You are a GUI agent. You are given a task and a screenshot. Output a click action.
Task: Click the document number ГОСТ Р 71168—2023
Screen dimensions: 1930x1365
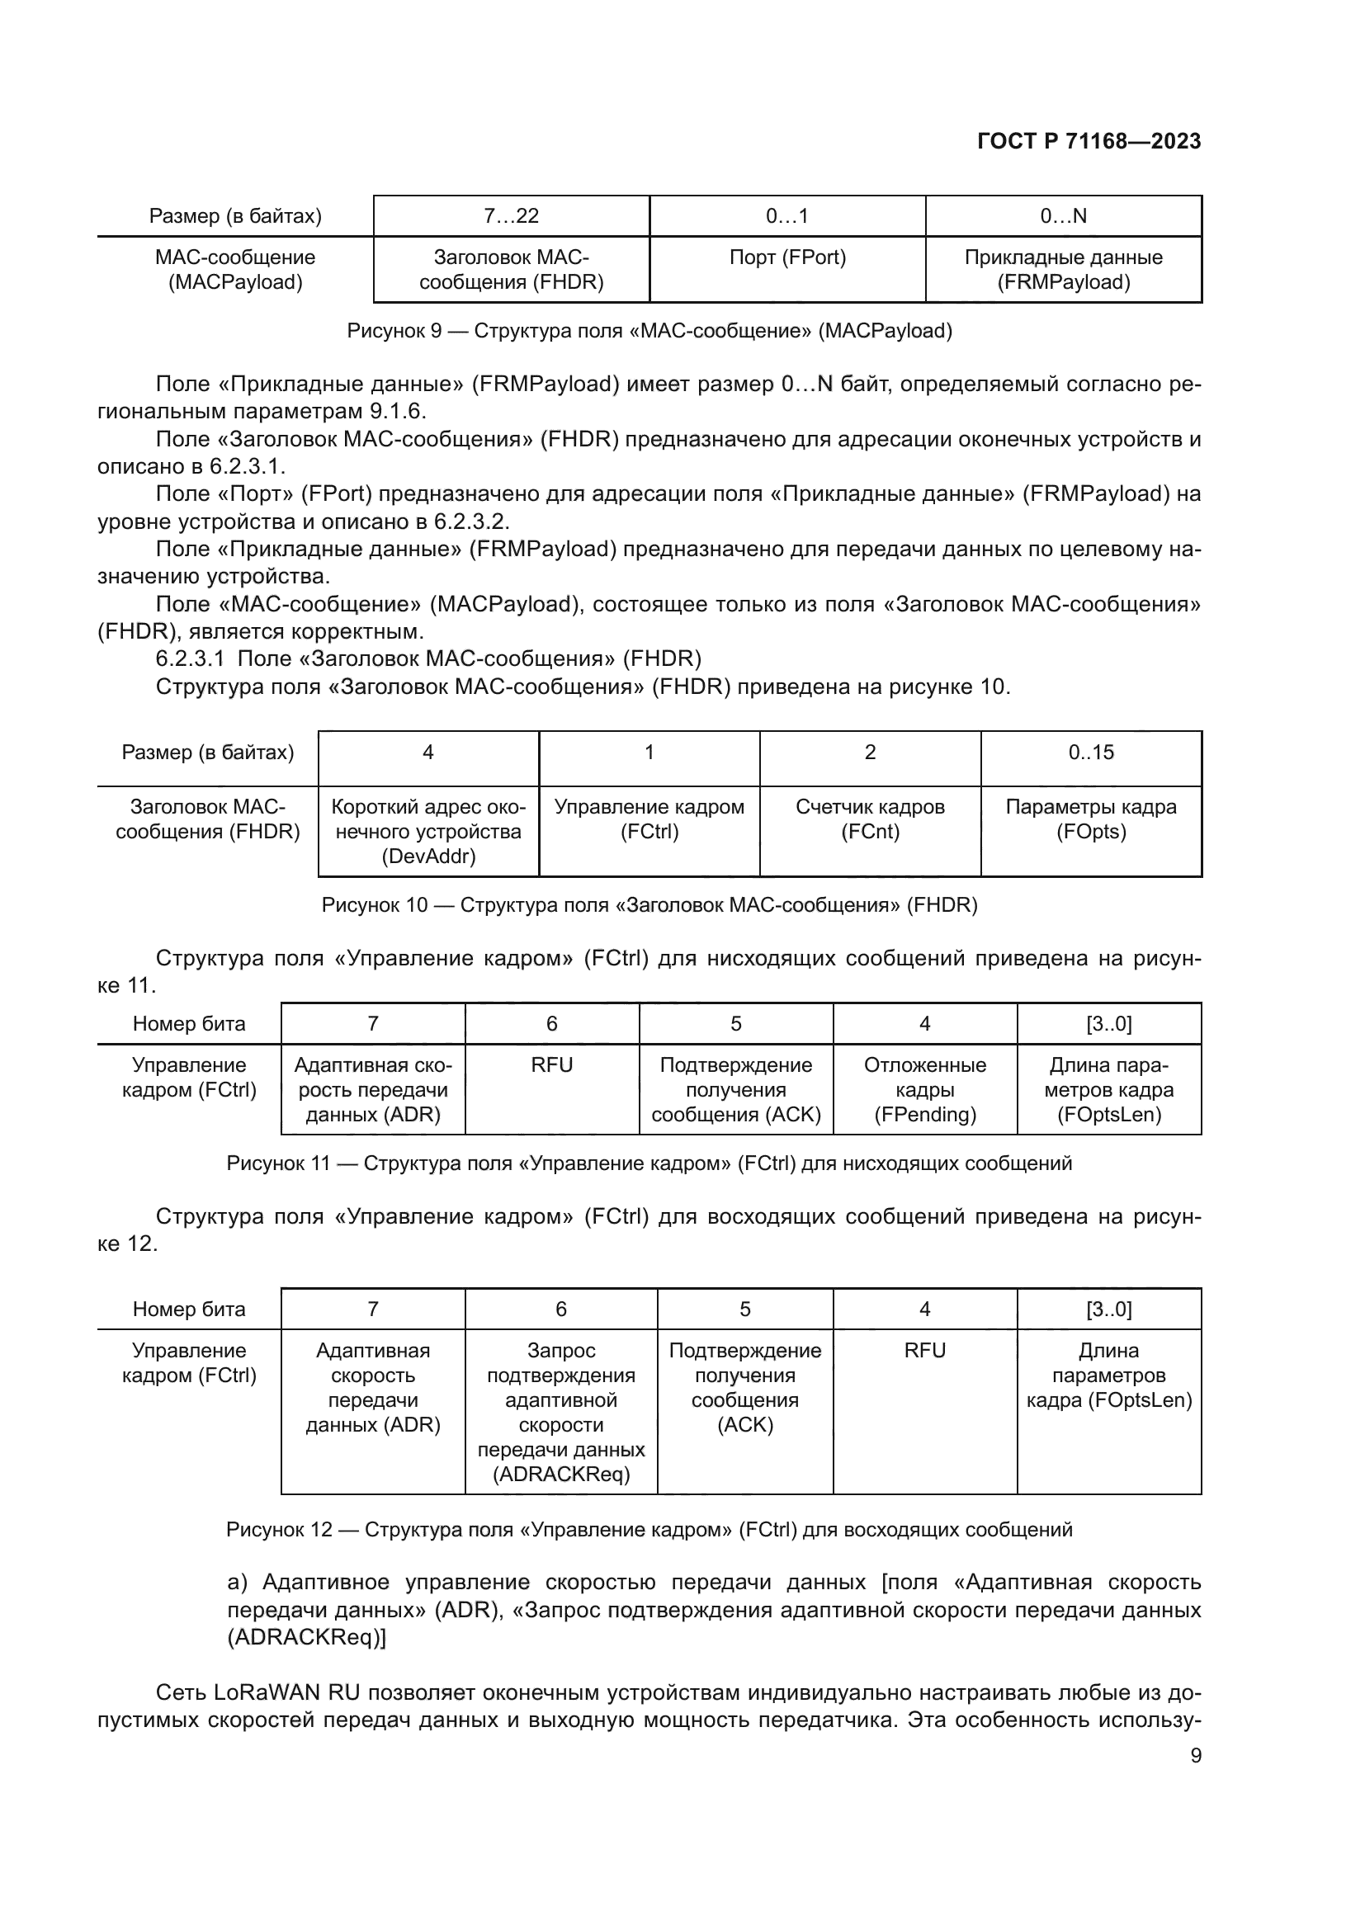coord(1089,141)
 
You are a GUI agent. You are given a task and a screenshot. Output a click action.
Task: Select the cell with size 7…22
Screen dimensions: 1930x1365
coord(511,216)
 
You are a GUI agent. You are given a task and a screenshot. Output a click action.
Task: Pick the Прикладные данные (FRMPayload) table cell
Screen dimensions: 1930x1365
coord(1063,269)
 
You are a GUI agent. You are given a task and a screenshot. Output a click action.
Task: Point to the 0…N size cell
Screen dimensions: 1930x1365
coord(1063,216)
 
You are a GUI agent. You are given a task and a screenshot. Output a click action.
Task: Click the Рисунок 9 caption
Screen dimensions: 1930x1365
coord(649,331)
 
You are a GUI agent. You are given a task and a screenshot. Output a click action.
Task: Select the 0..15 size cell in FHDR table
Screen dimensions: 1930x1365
coord(1091,753)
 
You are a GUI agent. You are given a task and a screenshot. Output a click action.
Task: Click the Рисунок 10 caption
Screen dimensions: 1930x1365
coord(649,905)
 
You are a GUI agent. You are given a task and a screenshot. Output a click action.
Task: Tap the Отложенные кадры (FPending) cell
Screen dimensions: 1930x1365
coord(924,1089)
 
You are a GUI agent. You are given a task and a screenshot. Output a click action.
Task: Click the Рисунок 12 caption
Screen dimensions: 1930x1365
coord(649,1529)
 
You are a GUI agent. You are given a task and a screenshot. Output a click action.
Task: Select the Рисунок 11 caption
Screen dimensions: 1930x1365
coord(649,1163)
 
